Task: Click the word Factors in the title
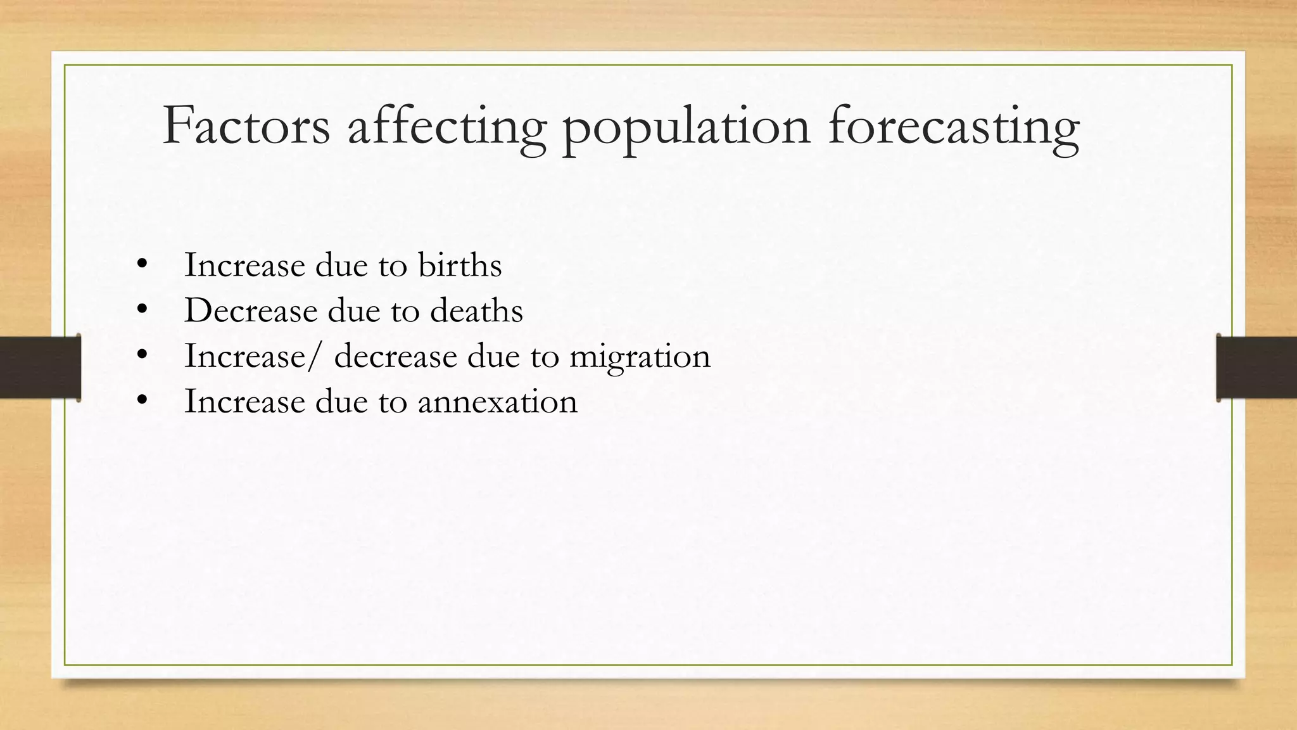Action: pos(246,126)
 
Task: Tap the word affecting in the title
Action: pos(446,126)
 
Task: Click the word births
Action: pos(460,265)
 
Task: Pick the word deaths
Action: pos(476,311)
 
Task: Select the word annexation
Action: pos(497,402)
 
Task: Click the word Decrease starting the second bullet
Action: pos(251,311)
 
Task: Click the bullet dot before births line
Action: pos(142,264)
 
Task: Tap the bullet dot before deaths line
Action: pos(142,309)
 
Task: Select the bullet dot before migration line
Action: pos(142,355)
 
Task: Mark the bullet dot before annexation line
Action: pos(142,400)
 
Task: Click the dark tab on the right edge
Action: pos(1256,368)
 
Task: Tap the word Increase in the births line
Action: pos(244,265)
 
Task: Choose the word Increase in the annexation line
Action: pos(244,402)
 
